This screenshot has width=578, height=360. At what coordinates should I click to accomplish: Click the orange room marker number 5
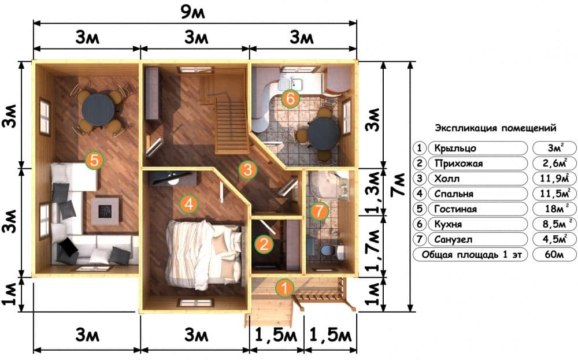tap(94, 161)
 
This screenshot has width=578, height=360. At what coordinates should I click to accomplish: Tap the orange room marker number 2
tap(264, 243)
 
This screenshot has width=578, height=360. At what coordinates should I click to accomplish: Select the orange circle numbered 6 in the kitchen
tap(290, 99)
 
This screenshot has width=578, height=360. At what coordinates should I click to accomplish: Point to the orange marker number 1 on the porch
tap(284, 288)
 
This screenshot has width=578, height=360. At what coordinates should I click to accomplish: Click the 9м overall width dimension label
tap(192, 13)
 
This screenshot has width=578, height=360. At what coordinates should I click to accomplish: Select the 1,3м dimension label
tap(374, 192)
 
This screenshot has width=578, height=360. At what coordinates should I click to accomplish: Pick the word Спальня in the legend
tap(453, 194)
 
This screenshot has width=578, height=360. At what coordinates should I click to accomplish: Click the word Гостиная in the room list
tap(455, 209)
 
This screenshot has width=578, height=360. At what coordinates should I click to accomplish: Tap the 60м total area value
tap(554, 254)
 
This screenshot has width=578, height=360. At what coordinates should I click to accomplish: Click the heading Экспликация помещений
tap(495, 128)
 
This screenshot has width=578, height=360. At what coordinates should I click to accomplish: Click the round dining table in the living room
tap(98, 109)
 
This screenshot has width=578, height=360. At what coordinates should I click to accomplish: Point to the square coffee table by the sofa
tap(105, 211)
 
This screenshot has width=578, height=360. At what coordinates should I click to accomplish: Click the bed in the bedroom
tap(205, 254)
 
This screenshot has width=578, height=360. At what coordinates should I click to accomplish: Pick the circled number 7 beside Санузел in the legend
tap(419, 239)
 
